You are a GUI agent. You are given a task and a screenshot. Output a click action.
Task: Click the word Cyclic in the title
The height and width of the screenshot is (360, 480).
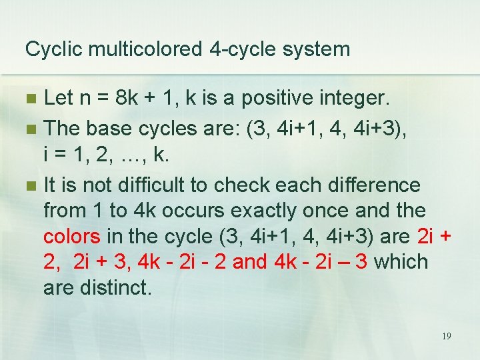(49, 49)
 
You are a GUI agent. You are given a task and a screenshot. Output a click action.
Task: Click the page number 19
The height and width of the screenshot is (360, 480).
(446, 336)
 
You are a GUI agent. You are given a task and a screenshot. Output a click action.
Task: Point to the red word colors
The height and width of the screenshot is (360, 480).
(72, 237)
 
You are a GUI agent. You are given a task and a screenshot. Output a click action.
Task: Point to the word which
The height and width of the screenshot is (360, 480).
(401, 262)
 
